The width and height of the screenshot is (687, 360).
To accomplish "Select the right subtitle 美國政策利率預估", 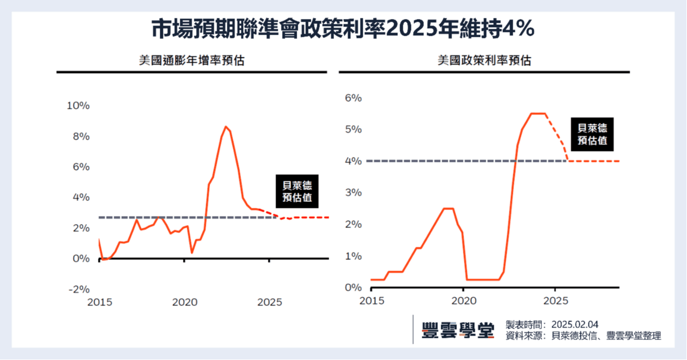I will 484,60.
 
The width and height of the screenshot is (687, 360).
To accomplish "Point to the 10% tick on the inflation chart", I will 78,106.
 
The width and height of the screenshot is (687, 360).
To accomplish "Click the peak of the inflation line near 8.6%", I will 226,127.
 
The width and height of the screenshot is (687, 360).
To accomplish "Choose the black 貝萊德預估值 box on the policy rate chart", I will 592,134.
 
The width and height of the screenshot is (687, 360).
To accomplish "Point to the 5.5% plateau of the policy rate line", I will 538,113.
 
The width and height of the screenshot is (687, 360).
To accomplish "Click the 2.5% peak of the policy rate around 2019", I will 448,208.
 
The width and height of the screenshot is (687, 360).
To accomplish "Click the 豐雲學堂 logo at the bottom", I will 457,330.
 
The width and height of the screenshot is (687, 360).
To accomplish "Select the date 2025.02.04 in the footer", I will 574,324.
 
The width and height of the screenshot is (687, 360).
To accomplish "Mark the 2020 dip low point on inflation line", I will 192,252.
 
